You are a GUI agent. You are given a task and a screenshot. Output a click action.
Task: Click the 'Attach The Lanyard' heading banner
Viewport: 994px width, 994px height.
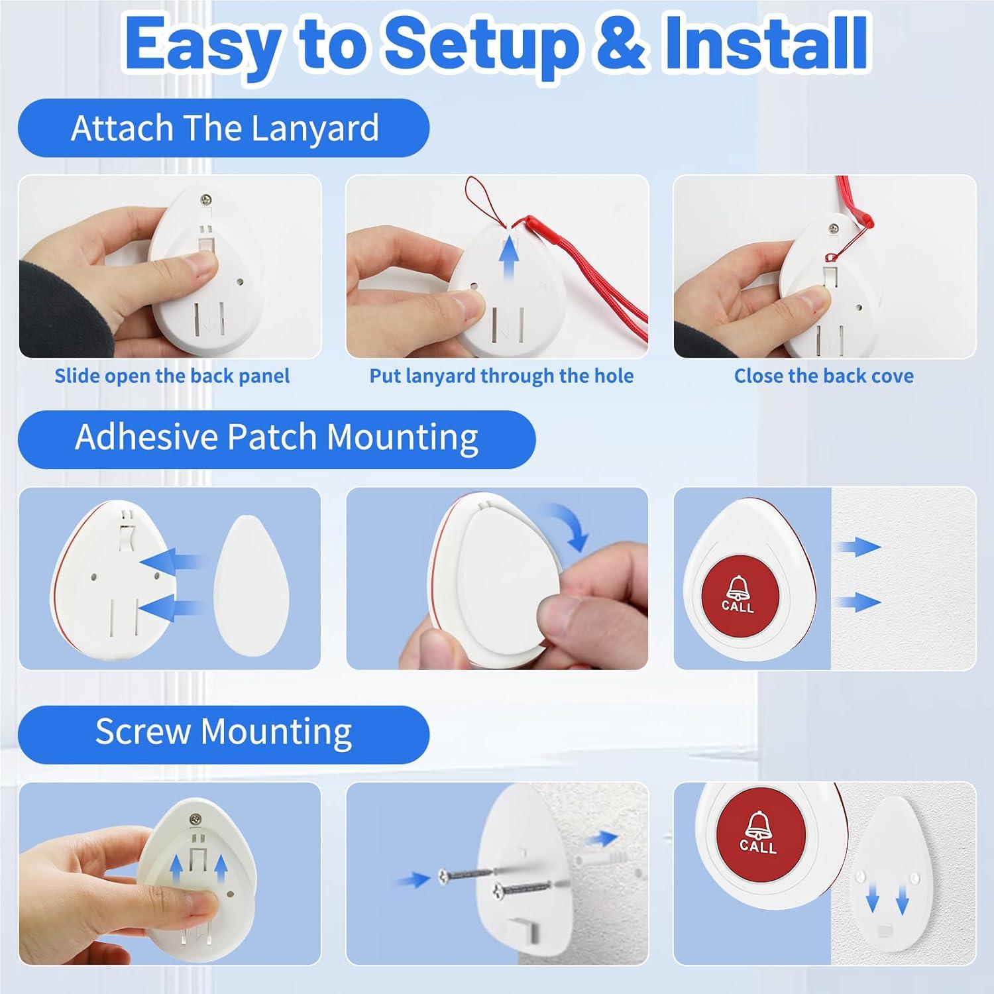tap(223, 128)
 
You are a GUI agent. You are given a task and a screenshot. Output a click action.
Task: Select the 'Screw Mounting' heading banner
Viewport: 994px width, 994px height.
tap(223, 733)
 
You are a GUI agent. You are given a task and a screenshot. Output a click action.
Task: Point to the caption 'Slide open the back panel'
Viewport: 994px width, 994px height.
tap(172, 376)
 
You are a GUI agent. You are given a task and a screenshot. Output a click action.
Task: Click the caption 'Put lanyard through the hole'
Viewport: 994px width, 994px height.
tap(501, 376)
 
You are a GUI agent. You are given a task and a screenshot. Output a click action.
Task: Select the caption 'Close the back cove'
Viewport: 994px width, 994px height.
tap(824, 376)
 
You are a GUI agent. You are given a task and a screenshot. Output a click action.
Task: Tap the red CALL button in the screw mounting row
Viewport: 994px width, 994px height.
tap(757, 832)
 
